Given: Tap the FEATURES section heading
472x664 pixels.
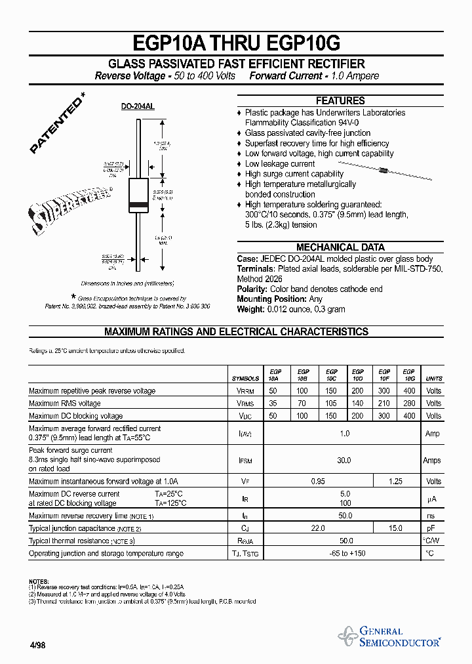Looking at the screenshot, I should coord(340,101).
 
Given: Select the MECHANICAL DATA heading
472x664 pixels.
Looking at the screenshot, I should coord(340,247).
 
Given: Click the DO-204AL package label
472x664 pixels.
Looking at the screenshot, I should coord(138,106).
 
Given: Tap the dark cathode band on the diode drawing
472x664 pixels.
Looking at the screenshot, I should coord(138,207).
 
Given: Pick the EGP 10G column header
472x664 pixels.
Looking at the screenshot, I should coord(408,375).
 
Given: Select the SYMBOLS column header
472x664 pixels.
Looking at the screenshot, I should coord(246,379).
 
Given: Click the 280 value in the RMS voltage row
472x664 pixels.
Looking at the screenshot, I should coord(409,404).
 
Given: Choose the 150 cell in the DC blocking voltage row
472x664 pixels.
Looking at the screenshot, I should coord(331,416).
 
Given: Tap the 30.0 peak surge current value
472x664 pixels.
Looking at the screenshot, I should coord(344,461).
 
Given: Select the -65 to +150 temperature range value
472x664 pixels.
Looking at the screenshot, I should coord(344,554).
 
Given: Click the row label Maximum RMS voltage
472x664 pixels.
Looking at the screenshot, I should coord(65,404).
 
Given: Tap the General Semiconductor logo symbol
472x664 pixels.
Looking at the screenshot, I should coord(347,636).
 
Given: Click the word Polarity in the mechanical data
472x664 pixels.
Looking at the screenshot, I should coord(252,289).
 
